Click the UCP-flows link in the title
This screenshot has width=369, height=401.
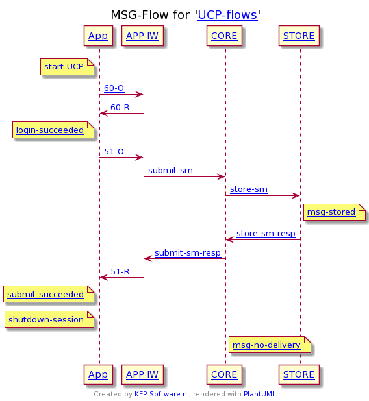pyautogui.click(x=227, y=15)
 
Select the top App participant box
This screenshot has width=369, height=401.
pyautogui.click(x=98, y=36)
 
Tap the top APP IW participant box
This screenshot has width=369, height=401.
pyautogui.click(x=142, y=36)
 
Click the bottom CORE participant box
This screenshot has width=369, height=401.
pyautogui.click(x=224, y=374)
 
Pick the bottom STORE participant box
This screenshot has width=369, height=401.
pyautogui.click(x=299, y=374)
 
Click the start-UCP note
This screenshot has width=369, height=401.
pyautogui.click(x=68, y=67)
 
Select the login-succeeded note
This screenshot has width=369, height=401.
pyautogui.click(x=53, y=130)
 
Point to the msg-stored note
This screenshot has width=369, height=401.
pyautogui.click(x=335, y=212)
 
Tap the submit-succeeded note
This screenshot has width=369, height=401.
pyautogui.click(x=49, y=294)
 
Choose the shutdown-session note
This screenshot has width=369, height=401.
pyautogui.click(x=49, y=319)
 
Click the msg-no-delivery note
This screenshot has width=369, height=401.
pyautogui.click(x=270, y=345)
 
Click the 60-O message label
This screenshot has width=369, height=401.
pyautogui.click(x=114, y=88)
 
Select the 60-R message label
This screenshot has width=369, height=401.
pyautogui.click(x=120, y=108)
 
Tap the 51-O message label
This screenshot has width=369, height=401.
pyautogui.click(x=114, y=152)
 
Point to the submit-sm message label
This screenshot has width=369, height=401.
pyautogui.click(x=171, y=171)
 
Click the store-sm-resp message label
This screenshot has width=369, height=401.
pyautogui.click(x=266, y=234)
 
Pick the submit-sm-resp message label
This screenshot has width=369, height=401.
pyautogui.click(x=188, y=253)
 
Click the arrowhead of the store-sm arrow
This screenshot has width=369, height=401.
pyautogui.click(x=296, y=196)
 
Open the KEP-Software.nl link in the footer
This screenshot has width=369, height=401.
pyautogui.click(x=162, y=394)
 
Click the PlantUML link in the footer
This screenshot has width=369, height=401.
pyautogui.click(x=260, y=394)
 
